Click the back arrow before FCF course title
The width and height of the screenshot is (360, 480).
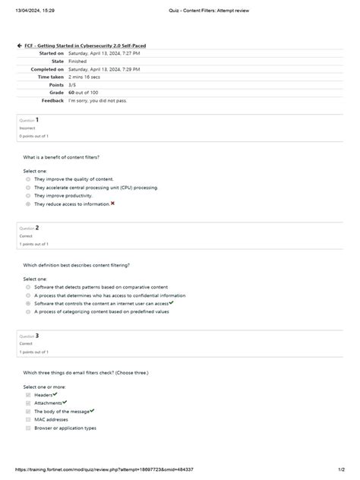point(19,46)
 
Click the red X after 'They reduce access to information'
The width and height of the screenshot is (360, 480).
point(112,204)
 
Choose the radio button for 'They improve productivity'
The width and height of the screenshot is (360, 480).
point(28,195)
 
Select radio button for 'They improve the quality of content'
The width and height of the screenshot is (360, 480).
point(28,179)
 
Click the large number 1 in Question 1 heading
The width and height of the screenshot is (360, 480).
point(37,120)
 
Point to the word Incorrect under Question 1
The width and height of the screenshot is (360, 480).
point(27,128)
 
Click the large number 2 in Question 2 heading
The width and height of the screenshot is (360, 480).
point(37,227)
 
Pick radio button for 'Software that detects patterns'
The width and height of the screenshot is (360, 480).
point(28,287)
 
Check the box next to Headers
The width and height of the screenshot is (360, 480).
point(28,395)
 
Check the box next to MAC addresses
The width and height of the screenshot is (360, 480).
point(28,419)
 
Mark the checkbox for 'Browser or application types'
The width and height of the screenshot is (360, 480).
point(28,428)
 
